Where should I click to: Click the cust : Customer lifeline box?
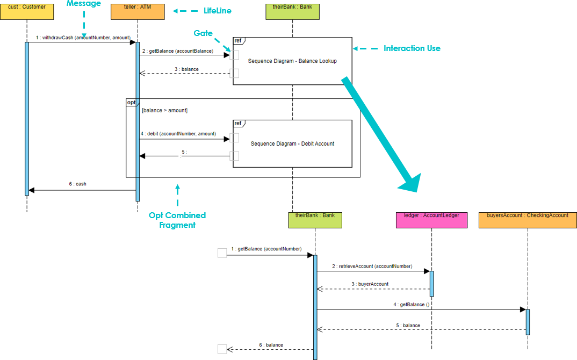[27, 11]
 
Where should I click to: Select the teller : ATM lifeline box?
[137, 11]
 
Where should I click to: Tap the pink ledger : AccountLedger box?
[431, 220]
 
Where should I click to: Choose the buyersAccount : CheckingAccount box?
[528, 220]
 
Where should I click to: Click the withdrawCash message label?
[83, 38]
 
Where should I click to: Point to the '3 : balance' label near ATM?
[186, 69]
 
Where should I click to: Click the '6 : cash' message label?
[77, 184]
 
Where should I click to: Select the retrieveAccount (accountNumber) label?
[372, 266]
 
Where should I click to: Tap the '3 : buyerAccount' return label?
[370, 284]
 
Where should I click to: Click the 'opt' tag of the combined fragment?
[131, 102]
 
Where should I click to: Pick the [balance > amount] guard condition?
[164, 110]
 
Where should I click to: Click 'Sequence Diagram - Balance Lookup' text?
[292, 61]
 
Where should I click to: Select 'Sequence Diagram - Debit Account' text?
[292, 143]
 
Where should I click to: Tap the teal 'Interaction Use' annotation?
[412, 48]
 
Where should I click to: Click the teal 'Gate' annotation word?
[203, 33]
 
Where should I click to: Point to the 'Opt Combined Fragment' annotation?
[177, 220]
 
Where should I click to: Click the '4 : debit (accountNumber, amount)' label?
[178, 134]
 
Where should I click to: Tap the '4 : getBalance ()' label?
[412, 305]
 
